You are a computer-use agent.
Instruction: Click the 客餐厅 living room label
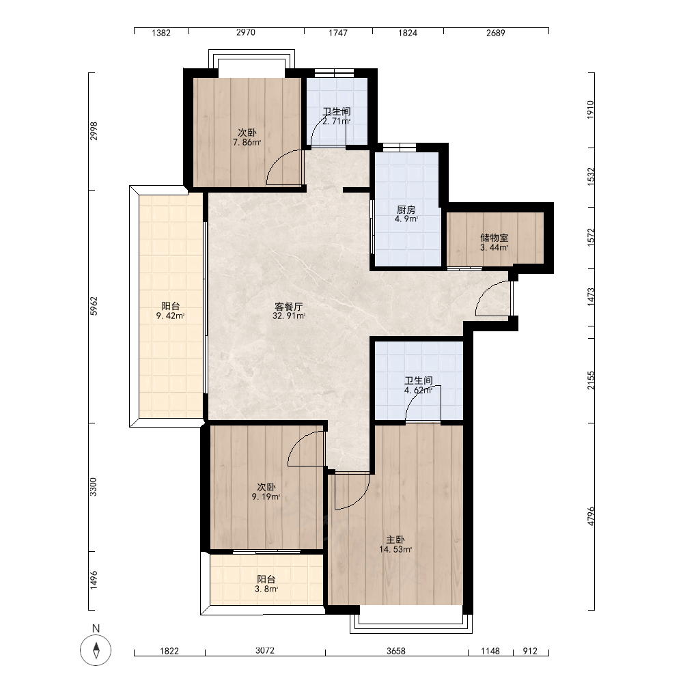(289, 306)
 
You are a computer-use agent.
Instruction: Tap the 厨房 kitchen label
(406, 210)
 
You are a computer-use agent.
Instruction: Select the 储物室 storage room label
(494, 238)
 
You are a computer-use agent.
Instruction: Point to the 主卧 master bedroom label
(395, 540)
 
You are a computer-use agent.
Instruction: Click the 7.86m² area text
(247, 143)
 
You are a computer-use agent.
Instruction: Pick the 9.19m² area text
(266, 497)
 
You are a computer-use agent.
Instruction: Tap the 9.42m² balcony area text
(170, 316)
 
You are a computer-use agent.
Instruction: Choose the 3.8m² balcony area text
(266, 589)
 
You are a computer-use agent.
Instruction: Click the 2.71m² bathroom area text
(336, 121)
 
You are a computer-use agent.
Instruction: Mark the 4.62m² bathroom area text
(418, 390)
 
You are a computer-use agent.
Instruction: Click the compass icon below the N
(96, 650)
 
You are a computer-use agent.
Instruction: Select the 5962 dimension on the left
(94, 306)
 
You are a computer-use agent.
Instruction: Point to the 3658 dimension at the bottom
(396, 651)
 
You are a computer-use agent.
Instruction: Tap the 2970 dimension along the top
(246, 33)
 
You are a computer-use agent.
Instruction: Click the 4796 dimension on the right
(591, 516)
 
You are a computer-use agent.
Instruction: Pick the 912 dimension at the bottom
(530, 651)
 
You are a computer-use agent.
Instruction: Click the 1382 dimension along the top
(161, 33)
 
